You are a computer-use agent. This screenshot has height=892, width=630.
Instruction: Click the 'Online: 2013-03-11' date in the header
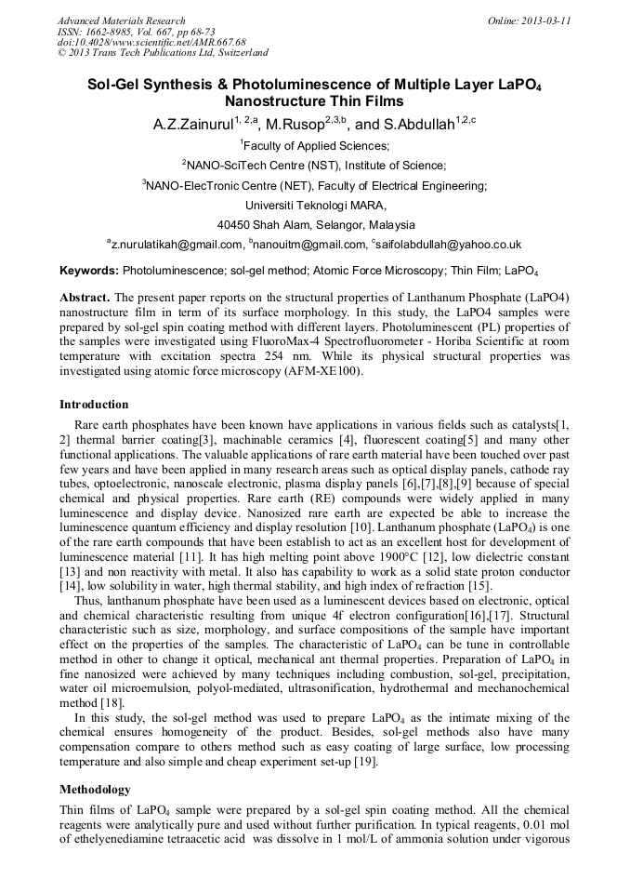(x=529, y=20)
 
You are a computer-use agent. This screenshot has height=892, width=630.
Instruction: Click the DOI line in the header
(x=151, y=42)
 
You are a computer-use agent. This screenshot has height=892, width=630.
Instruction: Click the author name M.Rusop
(x=294, y=125)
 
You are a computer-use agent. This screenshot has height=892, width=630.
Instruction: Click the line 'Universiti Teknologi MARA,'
(x=315, y=205)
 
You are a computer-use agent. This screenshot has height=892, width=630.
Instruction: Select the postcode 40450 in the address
(x=235, y=225)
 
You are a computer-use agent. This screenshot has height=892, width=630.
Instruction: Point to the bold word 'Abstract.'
(x=85, y=297)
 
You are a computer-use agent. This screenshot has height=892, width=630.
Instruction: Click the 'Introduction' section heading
(x=94, y=405)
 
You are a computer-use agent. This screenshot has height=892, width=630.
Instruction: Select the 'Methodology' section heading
(x=96, y=789)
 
